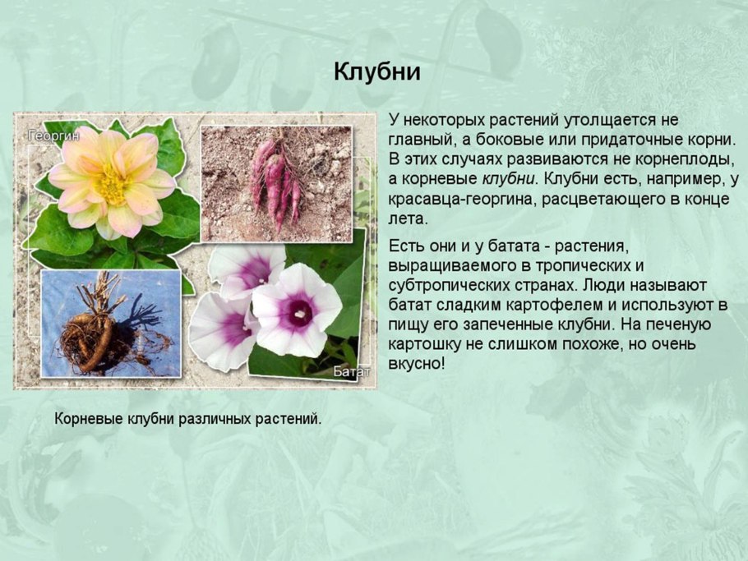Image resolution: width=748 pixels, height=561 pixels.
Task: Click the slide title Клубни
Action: click(377, 72)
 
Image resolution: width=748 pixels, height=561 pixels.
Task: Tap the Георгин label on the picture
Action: click(54, 134)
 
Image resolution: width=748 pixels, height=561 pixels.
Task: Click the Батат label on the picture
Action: click(351, 372)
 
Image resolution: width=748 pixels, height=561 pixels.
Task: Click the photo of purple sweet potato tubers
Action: click(276, 183)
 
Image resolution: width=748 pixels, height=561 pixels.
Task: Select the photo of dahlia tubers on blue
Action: click(110, 324)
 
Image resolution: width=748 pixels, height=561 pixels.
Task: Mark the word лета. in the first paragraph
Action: click(408, 219)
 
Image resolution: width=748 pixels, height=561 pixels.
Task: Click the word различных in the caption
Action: click(196, 419)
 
